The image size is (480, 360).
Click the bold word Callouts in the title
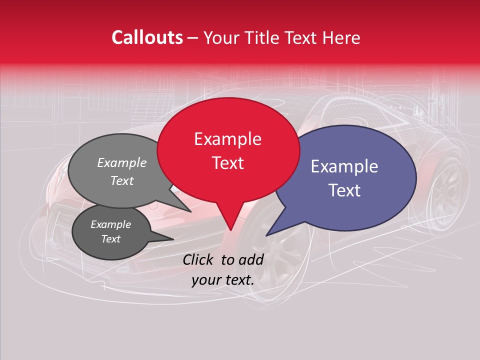(147, 37)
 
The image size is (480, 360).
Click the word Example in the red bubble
(227, 139)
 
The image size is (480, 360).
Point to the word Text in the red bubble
(227, 163)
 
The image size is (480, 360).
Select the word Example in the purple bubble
(344, 166)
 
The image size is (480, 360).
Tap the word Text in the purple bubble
(344, 190)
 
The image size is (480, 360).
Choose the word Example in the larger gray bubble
(122, 162)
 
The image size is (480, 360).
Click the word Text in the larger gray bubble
(122, 181)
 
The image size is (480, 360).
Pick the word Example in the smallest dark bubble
(111, 224)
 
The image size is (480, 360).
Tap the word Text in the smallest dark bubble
(111, 239)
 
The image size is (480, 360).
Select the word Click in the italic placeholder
(198, 259)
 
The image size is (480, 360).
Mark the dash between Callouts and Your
(193, 38)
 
